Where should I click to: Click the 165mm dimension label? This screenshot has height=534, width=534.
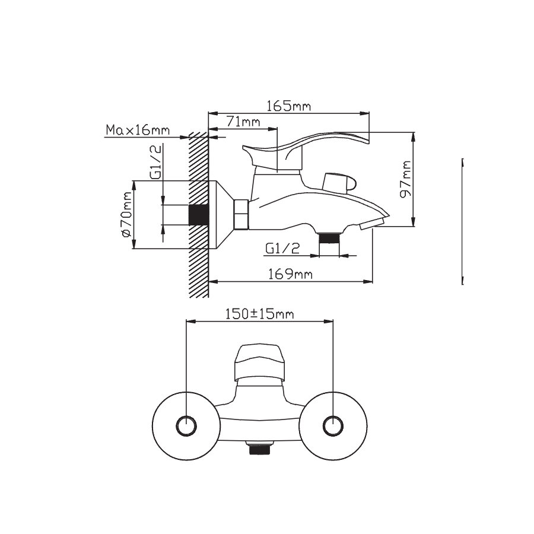coord(288,106)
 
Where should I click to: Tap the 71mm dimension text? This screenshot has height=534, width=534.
coord(243,122)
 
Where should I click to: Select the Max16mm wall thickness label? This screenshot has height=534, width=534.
coord(138,130)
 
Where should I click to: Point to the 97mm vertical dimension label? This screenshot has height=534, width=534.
coord(406,179)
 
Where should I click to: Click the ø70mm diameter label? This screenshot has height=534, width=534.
coord(126,215)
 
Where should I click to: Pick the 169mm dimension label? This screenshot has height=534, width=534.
coord(290,274)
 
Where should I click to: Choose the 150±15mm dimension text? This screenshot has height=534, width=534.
coord(259,314)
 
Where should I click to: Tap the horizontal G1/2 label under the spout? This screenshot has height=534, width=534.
coord(282,249)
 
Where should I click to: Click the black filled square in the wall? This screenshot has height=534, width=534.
coord(198,215)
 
